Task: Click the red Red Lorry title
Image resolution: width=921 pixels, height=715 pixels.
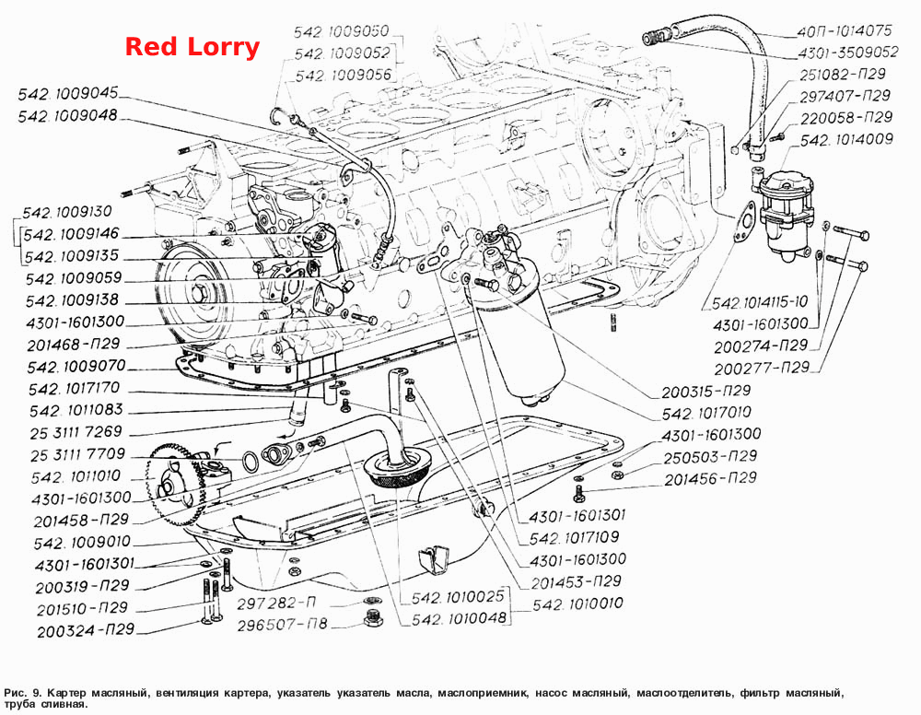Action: pos(192,47)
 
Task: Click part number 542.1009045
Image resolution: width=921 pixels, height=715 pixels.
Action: pos(68,94)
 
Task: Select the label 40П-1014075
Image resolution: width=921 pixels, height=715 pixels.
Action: pos(845,30)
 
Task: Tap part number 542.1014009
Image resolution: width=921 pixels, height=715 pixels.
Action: pos(846,140)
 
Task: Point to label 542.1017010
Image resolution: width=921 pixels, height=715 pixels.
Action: pos(706,413)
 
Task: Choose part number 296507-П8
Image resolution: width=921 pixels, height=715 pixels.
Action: pos(282,625)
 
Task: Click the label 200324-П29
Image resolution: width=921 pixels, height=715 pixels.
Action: pos(86,631)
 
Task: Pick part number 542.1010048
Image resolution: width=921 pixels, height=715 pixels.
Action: pos(459,618)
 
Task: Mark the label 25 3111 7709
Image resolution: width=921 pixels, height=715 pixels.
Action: pos(77,454)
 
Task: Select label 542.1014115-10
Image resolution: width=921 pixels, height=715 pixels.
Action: pos(760,303)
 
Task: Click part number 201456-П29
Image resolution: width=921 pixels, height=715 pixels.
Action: pos(710,479)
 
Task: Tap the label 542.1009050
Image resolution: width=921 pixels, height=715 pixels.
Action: pos(342,31)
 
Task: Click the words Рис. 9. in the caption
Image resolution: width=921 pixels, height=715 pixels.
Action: pos(22,693)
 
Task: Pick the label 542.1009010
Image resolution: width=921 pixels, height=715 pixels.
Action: pos(82,543)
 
